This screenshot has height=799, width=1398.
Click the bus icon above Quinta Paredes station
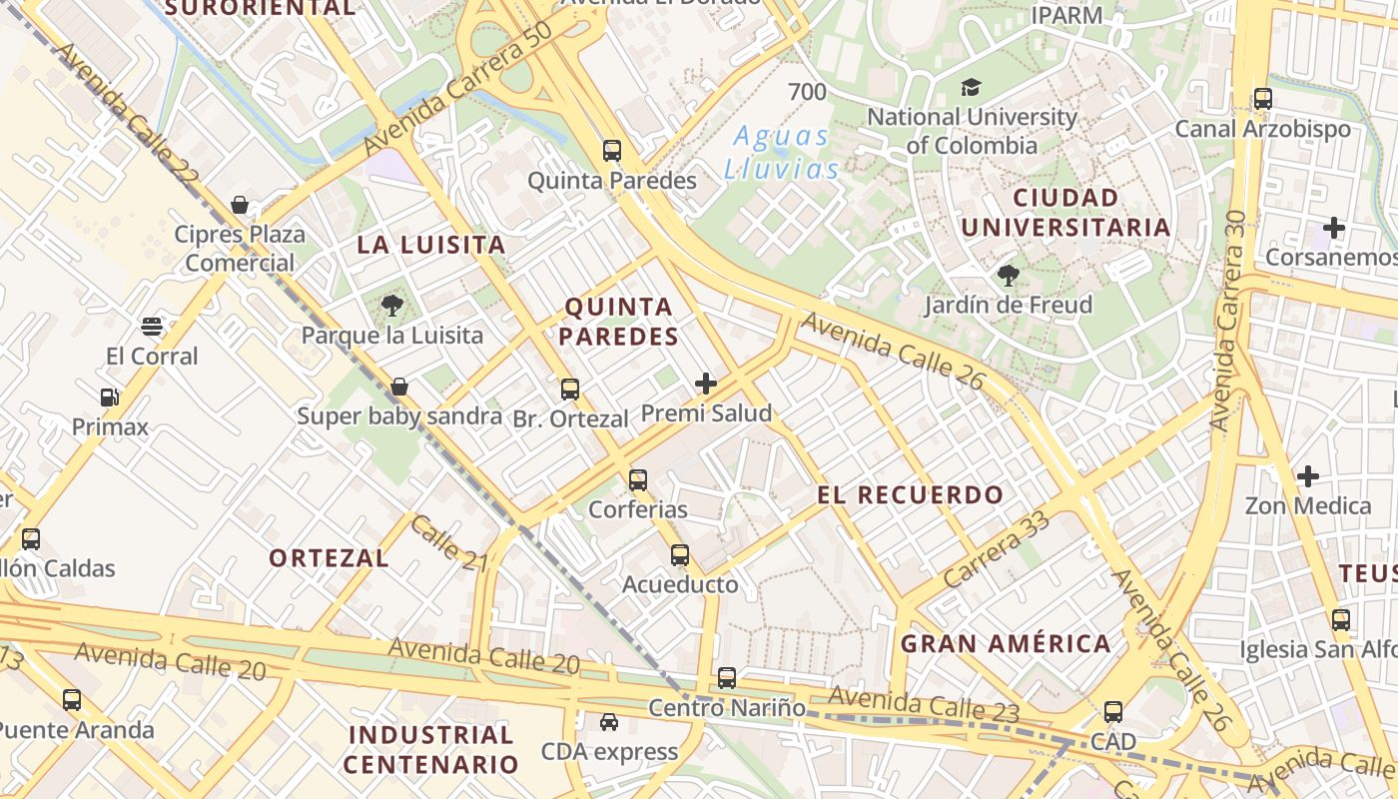pos(612,151)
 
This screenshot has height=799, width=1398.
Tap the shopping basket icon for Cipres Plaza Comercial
pos(240,206)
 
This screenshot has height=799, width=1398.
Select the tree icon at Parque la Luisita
pos(392,306)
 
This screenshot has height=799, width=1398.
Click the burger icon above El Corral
pos(152,327)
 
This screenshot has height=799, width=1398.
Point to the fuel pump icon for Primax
pos(110,398)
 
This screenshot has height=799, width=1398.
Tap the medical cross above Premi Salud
pos(706,384)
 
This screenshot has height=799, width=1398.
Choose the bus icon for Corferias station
pos(638,480)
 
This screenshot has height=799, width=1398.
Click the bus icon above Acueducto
pos(680,555)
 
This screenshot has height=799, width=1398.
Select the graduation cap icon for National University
pos(971,88)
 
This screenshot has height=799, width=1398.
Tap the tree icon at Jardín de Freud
pos(1008,275)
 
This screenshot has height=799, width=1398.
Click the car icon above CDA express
pos(608,722)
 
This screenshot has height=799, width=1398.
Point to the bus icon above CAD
pos(1113,712)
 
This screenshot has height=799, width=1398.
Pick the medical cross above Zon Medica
pos(1307,476)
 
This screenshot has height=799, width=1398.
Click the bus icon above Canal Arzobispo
pos(1263,99)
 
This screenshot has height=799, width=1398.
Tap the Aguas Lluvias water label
pos(781,152)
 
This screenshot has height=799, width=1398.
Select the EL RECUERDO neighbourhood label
pos(910,494)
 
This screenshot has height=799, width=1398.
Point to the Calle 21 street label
pos(448,543)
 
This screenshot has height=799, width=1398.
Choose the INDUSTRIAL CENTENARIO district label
pos(431,750)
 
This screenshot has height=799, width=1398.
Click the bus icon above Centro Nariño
pos(727,678)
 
